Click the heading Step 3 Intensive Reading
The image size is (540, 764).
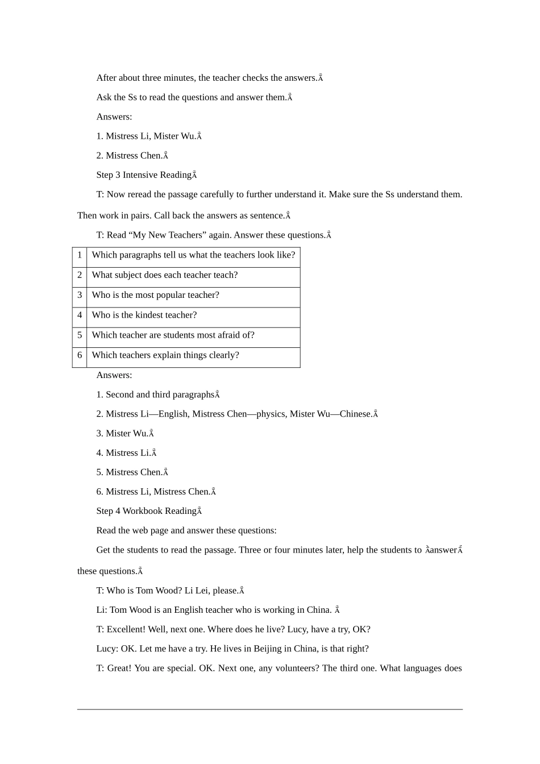tap(144, 175)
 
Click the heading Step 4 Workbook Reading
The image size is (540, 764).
tap(146, 511)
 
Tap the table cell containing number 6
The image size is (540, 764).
tap(80, 355)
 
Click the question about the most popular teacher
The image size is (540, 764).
tap(155, 295)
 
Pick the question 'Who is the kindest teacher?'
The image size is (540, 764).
tap(144, 315)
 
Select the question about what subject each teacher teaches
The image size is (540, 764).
tap(165, 275)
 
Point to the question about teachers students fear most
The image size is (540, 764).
tap(173, 335)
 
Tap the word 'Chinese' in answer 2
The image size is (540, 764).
tap(355, 414)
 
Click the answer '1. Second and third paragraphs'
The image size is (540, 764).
tap(155, 395)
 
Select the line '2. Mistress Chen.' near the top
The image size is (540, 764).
tap(130, 156)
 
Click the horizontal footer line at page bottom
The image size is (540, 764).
tap(270, 709)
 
